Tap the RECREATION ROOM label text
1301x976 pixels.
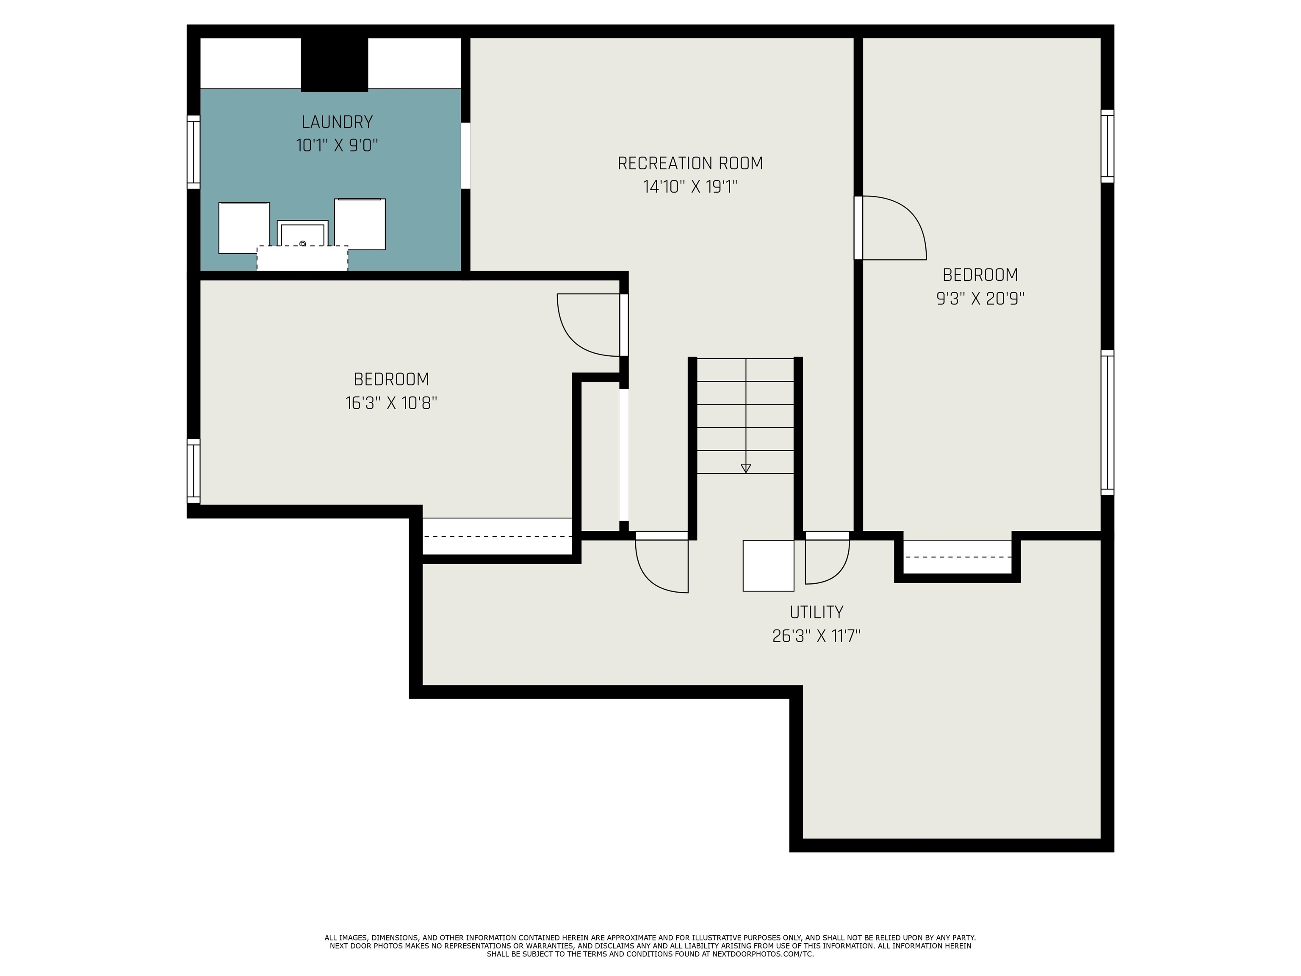(x=690, y=163)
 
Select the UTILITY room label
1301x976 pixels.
(x=817, y=613)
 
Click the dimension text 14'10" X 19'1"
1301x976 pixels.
(x=690, y=187)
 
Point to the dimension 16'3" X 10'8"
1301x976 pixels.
(x=391, y=403)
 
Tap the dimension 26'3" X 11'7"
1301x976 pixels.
(x=817, y=636)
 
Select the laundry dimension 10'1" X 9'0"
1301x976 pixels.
(x=337, y=145)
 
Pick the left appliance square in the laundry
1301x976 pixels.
(x=244, y=227)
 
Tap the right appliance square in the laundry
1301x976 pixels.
(x=360, y=224)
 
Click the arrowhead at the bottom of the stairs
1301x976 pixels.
(x=746, y=468)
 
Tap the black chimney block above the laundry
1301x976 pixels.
(x=335, y=65)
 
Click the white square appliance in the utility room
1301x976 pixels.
(x=768, y=566)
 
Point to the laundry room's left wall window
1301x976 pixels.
(x=194, y=152)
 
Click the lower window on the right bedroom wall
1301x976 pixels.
(x=1107, y=422)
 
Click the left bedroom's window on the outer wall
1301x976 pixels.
(x=194, y=471)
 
